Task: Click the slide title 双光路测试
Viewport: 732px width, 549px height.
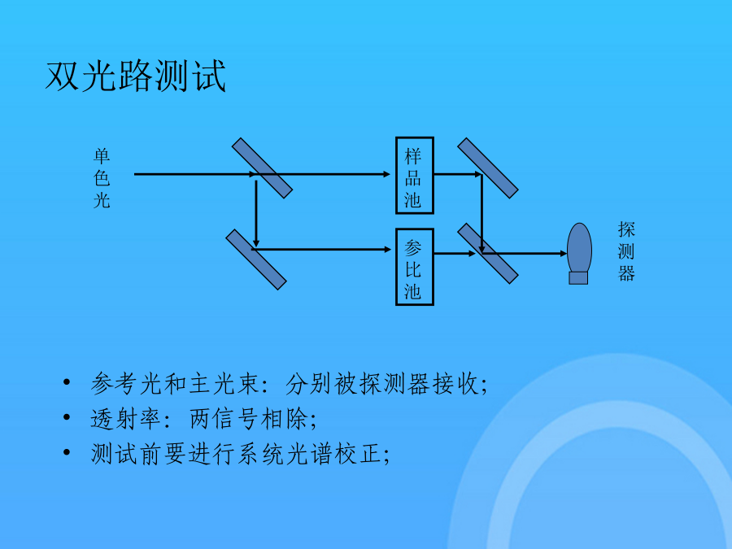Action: point(135,76)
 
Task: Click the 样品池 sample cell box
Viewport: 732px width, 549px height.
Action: point(415,176)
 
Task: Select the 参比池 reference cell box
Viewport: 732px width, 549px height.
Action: point(415,267)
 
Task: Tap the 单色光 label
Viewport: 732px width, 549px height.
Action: point(102,178)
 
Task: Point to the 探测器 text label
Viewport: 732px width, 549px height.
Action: point(626,251)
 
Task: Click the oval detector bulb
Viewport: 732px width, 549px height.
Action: point(579,247)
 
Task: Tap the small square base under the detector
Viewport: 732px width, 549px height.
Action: point(578,278)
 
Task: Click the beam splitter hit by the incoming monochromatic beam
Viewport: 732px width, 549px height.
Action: point(263,168)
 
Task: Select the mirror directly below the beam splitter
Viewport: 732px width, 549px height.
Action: point(256,259)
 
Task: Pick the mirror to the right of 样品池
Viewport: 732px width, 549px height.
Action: point(488,168)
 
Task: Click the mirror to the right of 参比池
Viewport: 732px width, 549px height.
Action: point(488,254)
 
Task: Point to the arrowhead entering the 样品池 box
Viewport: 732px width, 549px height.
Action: point(386,174)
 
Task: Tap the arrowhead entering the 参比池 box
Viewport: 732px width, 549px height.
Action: point(387,250)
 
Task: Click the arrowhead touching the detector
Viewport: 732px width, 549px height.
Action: point(563,254)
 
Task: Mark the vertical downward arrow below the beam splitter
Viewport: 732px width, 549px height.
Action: point(256,214)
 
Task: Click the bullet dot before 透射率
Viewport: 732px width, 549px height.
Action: point(67,417)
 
